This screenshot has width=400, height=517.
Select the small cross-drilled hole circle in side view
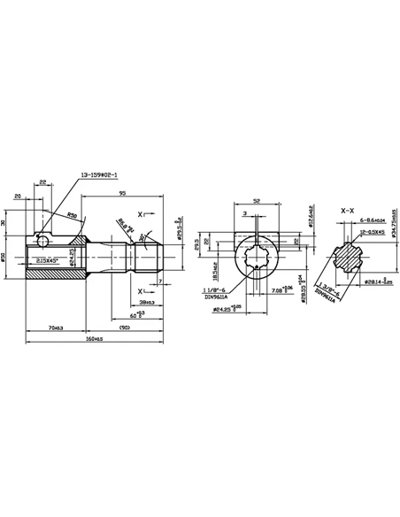click(x=42, y=239)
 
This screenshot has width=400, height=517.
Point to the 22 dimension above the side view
click(x=42, y=182)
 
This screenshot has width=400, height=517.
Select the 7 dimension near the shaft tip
click(x=159, y=282)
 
